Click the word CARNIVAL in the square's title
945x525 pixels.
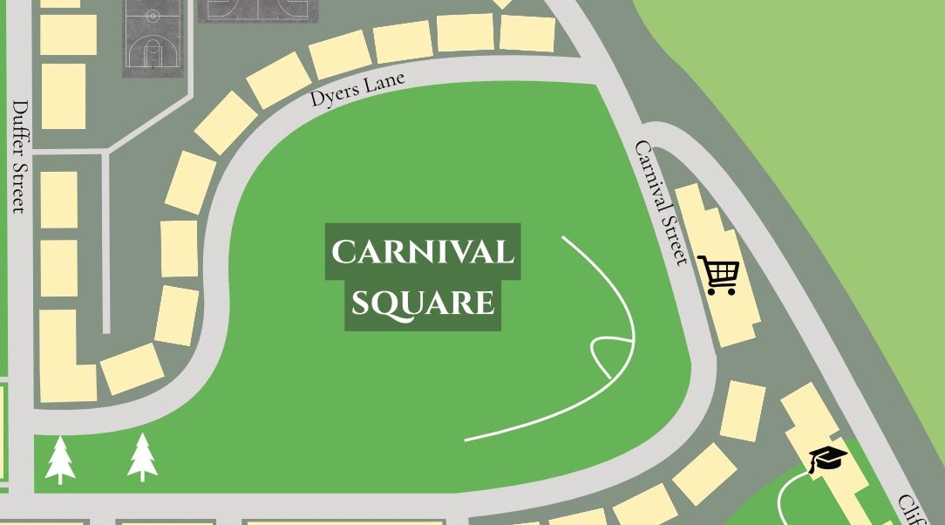pos(423,253)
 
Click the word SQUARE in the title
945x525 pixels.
pos(423,303)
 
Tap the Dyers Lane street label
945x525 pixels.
pos(357,88)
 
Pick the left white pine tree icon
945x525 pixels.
pos(60,460)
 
